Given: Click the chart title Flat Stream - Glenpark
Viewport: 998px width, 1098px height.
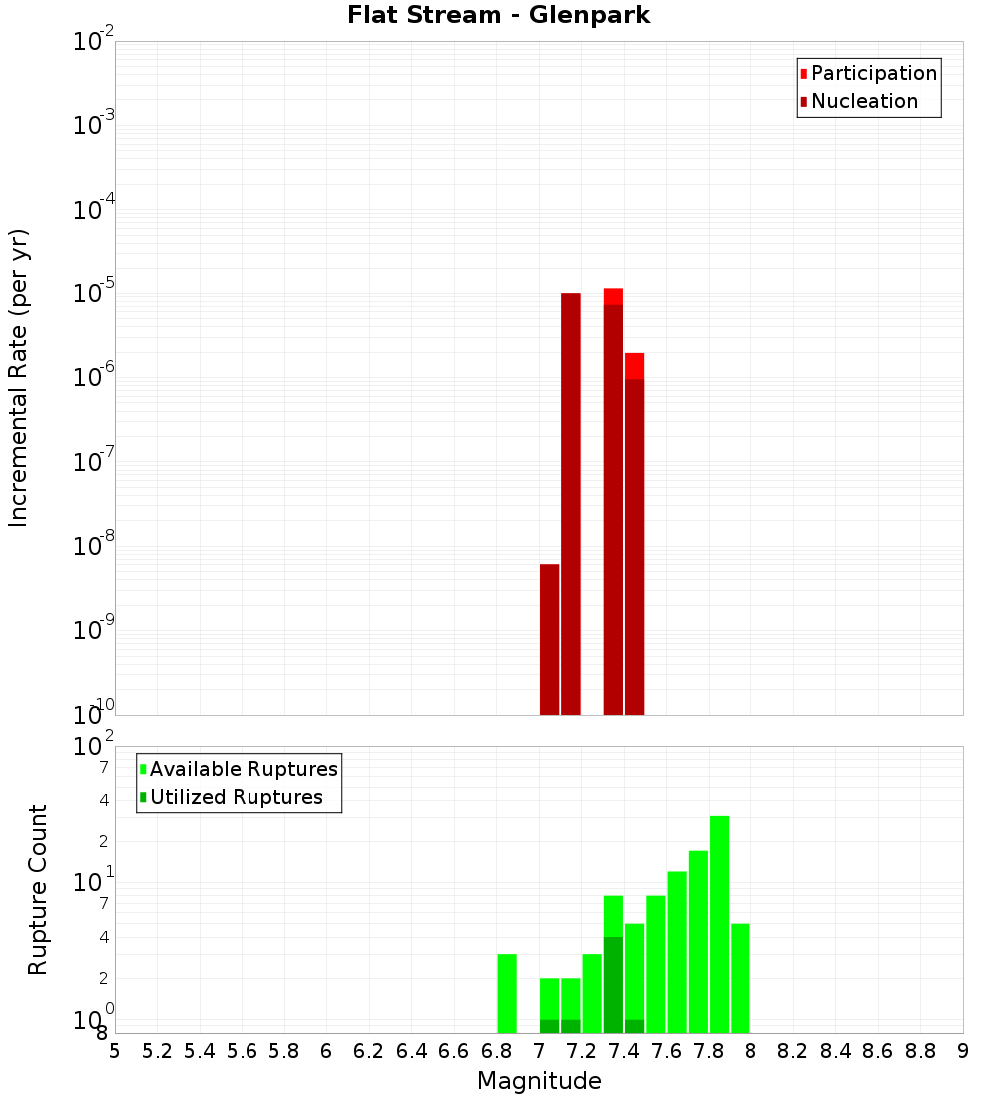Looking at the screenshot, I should click(x=499, y=15).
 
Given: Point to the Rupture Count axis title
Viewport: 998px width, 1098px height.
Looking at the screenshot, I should click(x=38, y=889).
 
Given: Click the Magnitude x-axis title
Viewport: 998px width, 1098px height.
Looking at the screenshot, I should click(x=539, y=1081).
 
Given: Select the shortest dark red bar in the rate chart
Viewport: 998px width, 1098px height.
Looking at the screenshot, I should click(x=549, y=639).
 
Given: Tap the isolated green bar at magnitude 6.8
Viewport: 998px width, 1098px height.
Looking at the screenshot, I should click(x=507, y=993).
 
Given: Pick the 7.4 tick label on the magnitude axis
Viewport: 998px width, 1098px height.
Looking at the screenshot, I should click(x=624, y=1051).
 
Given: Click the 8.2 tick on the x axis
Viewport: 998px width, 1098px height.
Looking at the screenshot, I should click(x=793, y=1051).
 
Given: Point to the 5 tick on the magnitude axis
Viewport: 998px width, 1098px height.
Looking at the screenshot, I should click(x=115, y=1051).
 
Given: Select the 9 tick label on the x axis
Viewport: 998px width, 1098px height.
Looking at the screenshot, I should click(x=963, y=1051).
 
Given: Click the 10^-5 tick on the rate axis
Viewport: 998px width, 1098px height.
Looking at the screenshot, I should click(x=96, y=293).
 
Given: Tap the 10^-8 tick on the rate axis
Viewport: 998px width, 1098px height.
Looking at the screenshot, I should click(x=96, y=546).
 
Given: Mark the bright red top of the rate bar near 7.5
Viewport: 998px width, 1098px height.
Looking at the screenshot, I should click(x=634, y=365).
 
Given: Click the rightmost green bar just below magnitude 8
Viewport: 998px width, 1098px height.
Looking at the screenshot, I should click(x=740, y=978).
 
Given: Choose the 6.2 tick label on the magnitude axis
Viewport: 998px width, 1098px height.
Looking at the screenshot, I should click(x=369, y=1051).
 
